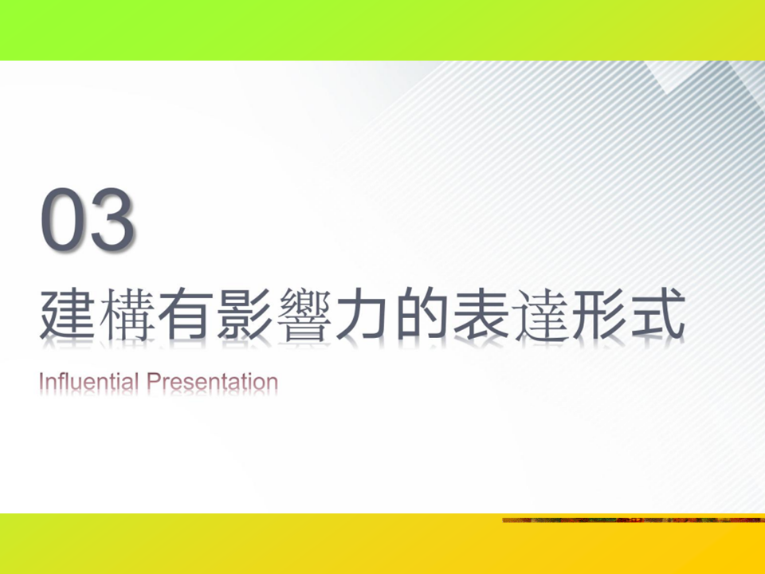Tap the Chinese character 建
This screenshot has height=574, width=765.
point(67,314)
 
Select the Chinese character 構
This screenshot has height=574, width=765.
point(127,314)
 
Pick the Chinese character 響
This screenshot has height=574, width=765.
point(304,315)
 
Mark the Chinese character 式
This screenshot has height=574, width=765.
point(658,314)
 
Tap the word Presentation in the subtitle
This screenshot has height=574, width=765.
point(212,381)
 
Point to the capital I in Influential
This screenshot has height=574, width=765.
point(41,381)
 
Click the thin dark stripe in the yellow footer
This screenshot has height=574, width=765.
point(634,521)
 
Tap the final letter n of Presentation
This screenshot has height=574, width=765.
point(273,383)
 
